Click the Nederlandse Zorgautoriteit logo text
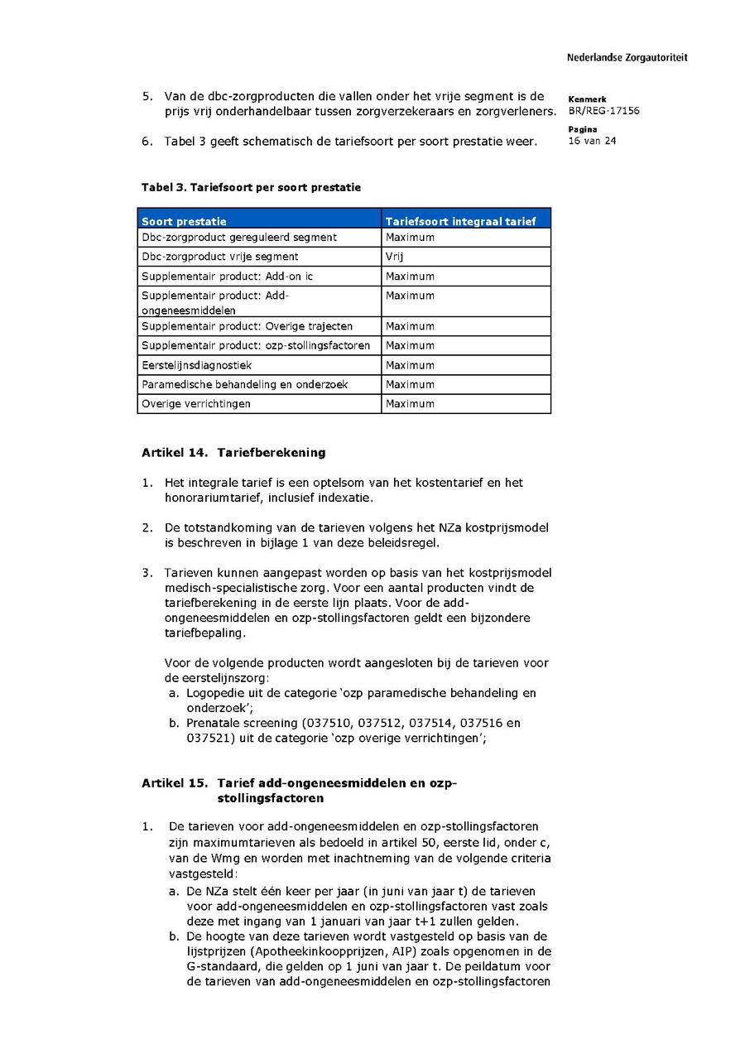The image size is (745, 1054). click(627, 58)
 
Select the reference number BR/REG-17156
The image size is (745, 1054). click(603, 111)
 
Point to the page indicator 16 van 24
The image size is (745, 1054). click(592, 141)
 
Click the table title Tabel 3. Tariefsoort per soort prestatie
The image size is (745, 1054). click(251, 188)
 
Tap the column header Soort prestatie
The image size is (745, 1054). click(184, 221)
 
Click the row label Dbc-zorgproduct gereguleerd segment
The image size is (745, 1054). click(239, 238)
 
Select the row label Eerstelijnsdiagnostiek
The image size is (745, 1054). click(197, 365)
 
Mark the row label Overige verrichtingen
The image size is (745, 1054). click(196, 404)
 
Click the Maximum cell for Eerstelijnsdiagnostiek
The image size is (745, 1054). click(410, 365)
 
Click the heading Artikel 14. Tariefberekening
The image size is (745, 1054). click(233, 453)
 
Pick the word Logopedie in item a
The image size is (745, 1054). click(214, 693)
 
